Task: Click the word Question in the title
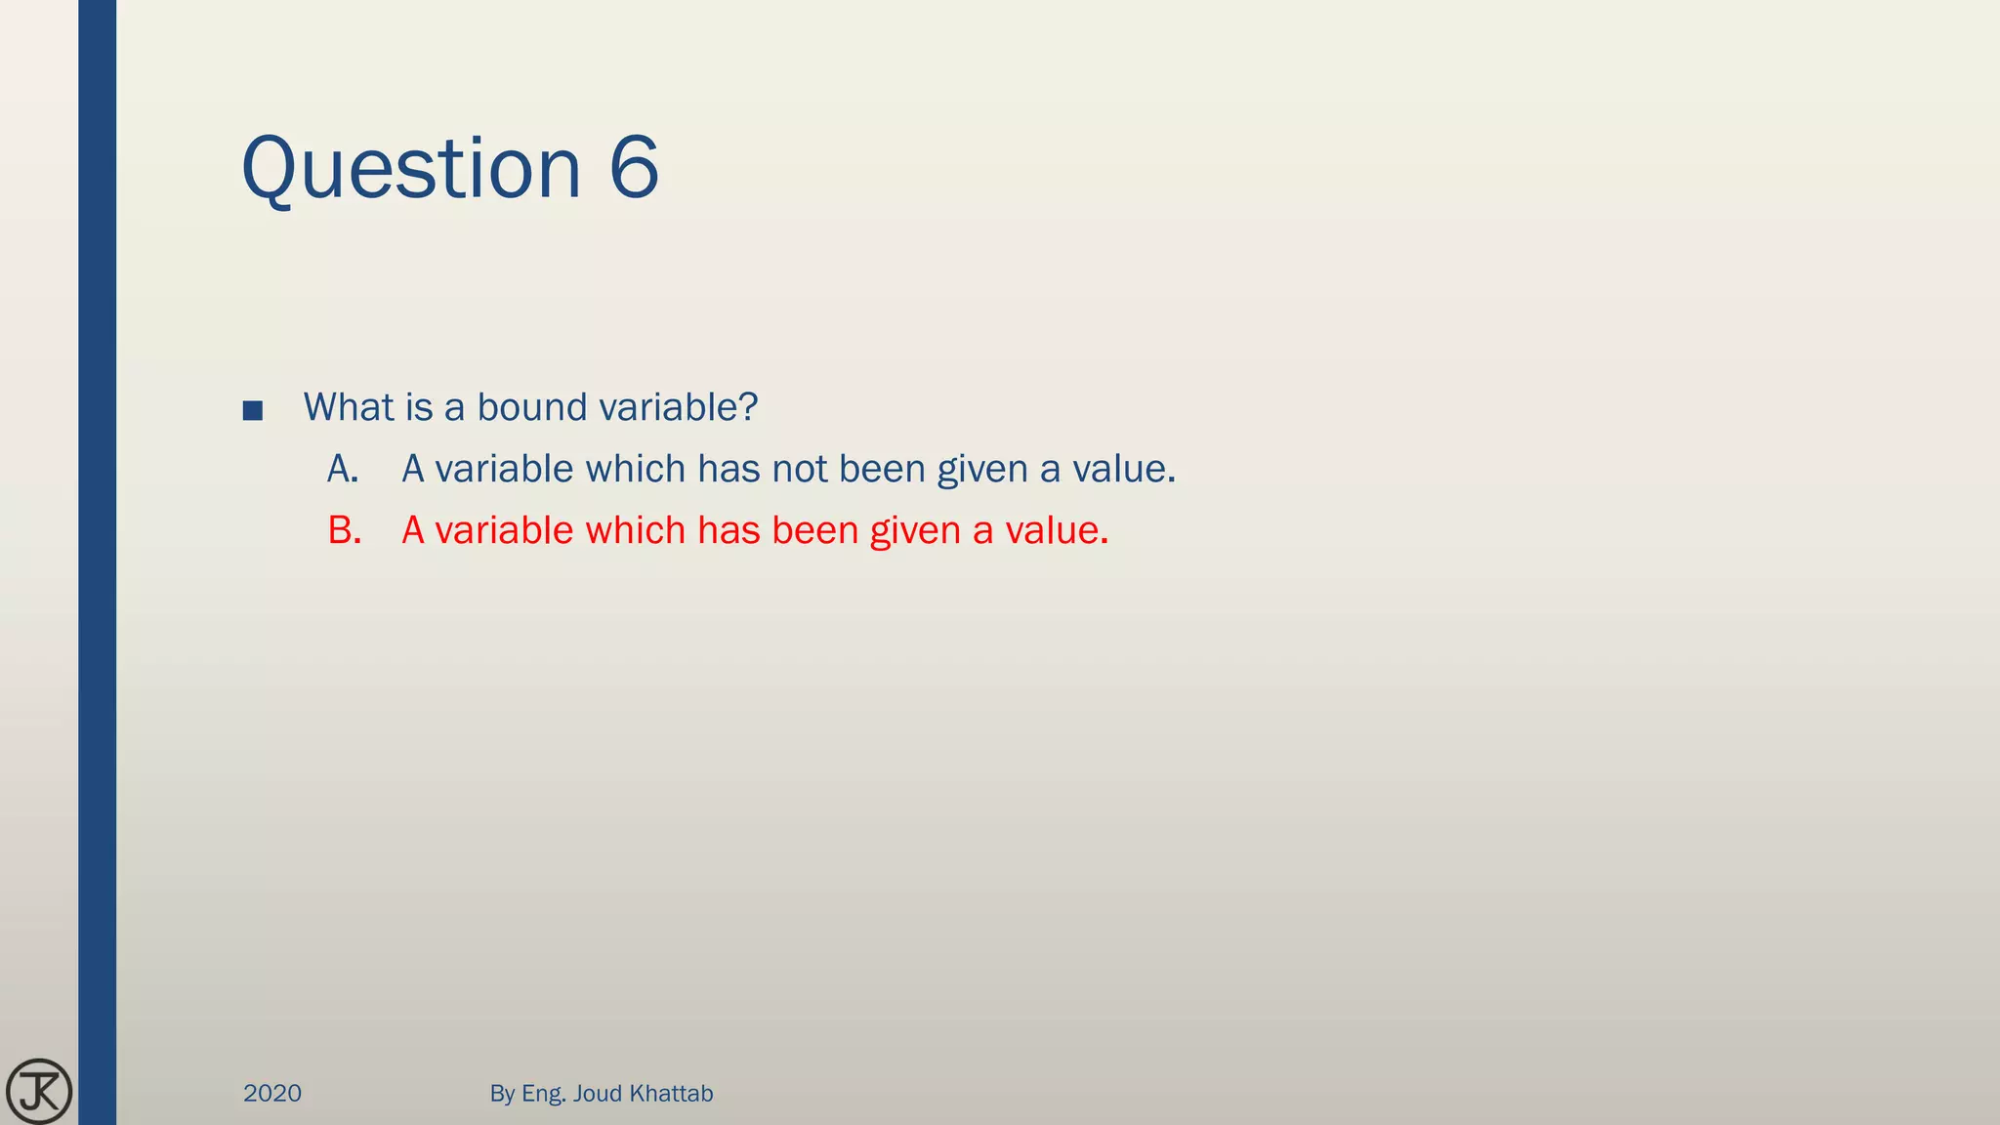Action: (x=410, y=169)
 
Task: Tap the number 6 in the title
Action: (x=634, y=169)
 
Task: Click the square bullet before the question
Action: (x=252, y=410)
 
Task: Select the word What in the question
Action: (x=348, y=407)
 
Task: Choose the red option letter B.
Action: (x=344, y=531)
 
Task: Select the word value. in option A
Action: (x=1124, y=470)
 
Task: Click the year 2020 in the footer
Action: (x=272, y=1094)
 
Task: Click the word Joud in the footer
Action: (x=597, y=1094)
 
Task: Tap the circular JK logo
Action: (x=39, y=1091)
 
